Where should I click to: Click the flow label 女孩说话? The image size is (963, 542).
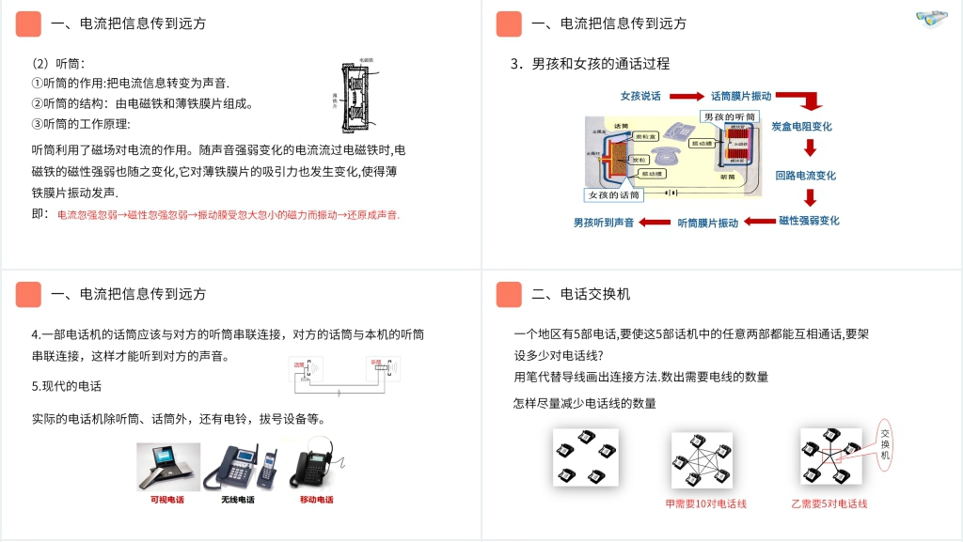pyautogui.click(x=640, y=96)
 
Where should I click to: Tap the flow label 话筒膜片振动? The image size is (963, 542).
pyautogui.click(x=741, y=96)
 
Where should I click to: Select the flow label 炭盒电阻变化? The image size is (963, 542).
pyautogui.click(x=801, y=126)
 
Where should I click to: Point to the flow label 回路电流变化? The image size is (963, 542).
pyautogui.click(x=805, y=176)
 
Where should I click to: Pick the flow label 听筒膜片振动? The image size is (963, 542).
pyautogui.click(x=708, y=224)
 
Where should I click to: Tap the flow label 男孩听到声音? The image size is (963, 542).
pyautogui.click(x=604, y=224)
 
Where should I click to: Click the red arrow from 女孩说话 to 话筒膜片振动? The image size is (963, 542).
pyautogui.click(x=687, y=96)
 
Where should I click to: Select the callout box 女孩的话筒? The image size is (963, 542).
pyautogui.click(x=614, y=195)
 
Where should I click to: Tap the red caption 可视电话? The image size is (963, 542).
pyautogui.click(x=167, y=500)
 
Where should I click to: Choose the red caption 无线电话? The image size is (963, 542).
pyautogui.click(x=238, y=500)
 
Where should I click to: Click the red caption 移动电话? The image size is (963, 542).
pyautogui.click(x=316, y=500)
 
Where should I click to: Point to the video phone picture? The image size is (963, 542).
pyautogui.click(x=168, y=467)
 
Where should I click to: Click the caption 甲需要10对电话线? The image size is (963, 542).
pyautogui.click(x=705, y=504)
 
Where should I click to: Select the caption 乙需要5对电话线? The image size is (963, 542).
pyautogui.click(x=829, y=504)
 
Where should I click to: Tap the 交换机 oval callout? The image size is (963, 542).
pyautogui.click(x=885, y=444)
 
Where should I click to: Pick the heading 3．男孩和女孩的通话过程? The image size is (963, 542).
pyautogui.click(x=590, y=64)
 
